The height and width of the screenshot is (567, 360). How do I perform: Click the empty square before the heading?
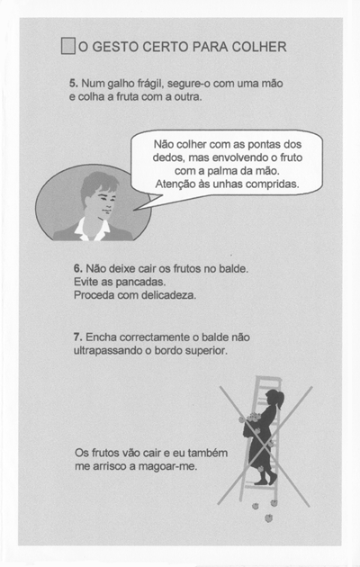click(x=68, y=46)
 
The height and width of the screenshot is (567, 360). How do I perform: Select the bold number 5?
click(x=74, y=84)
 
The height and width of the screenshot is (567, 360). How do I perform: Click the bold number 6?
click(x=78, y=269)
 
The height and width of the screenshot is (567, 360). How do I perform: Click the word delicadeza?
click(x=168, y=295)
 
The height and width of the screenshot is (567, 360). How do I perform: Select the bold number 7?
click(x=78, y=337)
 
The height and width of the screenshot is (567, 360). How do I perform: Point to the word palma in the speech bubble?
click(x=220, y=171)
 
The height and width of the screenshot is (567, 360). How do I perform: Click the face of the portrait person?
click(x=104, y=201)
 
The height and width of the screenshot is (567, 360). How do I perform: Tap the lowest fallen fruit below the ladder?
click(x=268, y=518)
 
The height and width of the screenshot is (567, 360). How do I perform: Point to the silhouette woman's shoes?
click(x=265, y=480)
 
